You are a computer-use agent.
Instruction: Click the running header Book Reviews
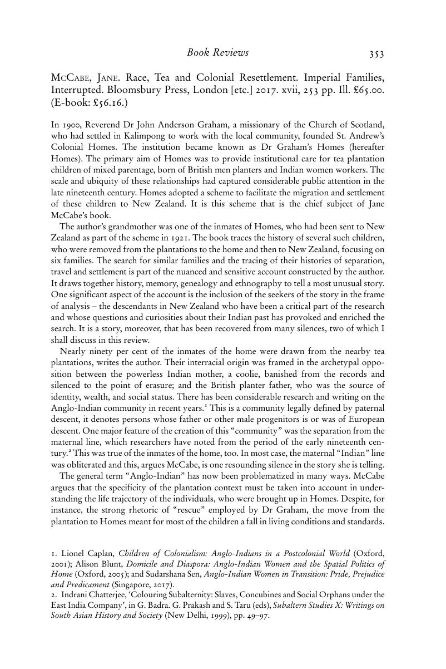coord(217,53)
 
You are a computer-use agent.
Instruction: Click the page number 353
coord(376,54)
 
